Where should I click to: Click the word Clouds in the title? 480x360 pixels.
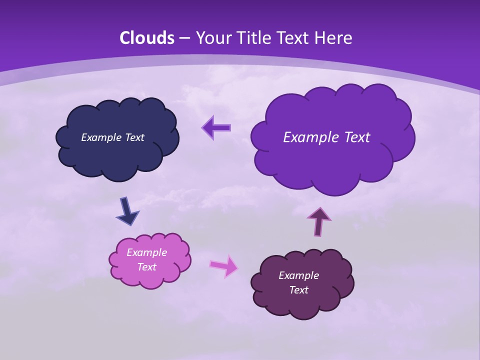[147, 38]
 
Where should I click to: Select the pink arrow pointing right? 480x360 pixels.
[224, 266]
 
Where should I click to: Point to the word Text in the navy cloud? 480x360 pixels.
[134, 137]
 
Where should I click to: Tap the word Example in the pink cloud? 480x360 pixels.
[146, 252]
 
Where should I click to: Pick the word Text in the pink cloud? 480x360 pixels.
[146, 267]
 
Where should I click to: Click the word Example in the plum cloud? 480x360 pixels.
[298, 275]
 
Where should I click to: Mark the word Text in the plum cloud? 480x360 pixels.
[298, 290]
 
